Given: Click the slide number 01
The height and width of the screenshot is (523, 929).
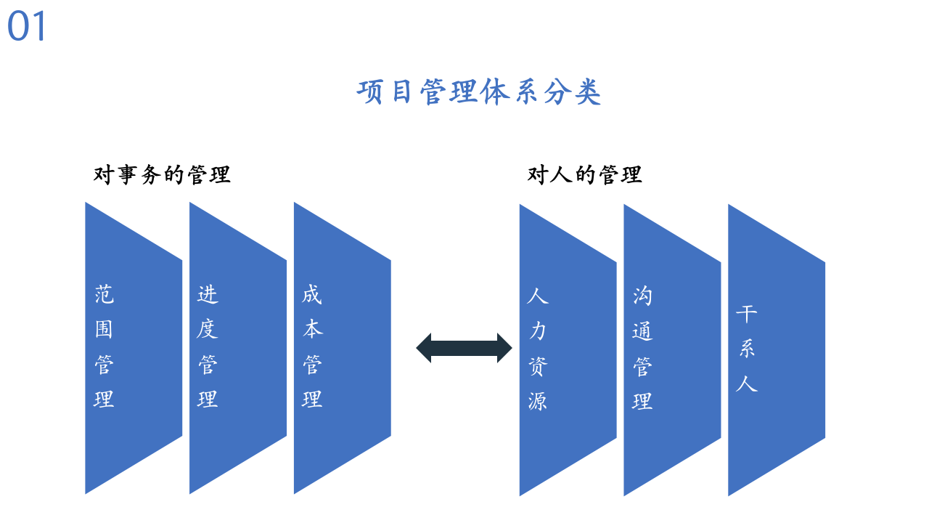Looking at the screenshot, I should point(27,27).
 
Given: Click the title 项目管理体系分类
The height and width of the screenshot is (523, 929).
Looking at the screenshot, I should point(479,93).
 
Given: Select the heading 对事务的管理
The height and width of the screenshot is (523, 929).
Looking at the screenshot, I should point(162,175).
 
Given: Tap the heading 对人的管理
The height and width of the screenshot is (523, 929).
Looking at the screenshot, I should point(584,175).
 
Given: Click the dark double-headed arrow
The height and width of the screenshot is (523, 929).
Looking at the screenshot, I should point(464,348).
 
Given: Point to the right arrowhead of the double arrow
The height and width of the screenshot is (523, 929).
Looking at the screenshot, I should point(504,348).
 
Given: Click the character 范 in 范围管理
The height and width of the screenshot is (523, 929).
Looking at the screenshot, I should point(104,294).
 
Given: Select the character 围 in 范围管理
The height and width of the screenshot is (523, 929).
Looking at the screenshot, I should point(104,329).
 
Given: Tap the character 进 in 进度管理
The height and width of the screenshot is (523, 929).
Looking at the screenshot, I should point(208,294).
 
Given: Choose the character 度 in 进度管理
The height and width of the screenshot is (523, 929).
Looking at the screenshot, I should point(208,329).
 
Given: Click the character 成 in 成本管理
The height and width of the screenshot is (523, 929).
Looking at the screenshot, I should point(312,294).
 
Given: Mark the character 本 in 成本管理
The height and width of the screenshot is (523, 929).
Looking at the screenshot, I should point(312,329).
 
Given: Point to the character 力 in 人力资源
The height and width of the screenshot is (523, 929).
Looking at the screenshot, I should point(538,331).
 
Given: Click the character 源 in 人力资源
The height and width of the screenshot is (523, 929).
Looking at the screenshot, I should point(538,401).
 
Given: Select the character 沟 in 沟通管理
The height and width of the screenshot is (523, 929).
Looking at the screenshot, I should point(642,296).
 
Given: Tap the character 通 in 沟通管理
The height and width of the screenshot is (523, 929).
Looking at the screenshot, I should point(642,331).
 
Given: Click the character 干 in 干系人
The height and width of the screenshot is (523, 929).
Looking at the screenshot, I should point(747,314).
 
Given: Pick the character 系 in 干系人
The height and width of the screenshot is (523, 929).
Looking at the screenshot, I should point(747,349).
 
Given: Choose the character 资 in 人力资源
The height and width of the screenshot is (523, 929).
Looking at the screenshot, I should point(538,366).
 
